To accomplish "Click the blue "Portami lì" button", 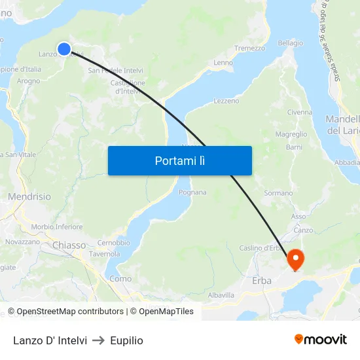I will pyautogui.click(x=179, y=160).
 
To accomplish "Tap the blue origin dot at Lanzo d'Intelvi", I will pyautogui.click(x=64, y=48).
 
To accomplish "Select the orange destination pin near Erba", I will pyautogui.click(x=295, y=259).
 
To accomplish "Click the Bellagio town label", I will pyautogui.click(x=290, y=43).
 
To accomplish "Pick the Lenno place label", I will pyautogui.click(x=223, y=63).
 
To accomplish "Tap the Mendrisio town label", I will pyautogui.click(x=29, y=196).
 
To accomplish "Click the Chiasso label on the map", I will pyautogui.click(x=69, y=245).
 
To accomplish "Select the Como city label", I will pyautogui.click(x=120, y=278).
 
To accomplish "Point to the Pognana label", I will pyautogui.click(x=192, y=192).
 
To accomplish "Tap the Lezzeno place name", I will pyautogui.click(x=226, y=101).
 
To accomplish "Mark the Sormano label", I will pyautogui.click(x=278, y=193).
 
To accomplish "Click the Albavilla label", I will pyautogui.click(x=221, y=295).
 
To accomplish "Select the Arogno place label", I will pyautogui.click(x=29, y=81).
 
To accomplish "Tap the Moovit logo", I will pyautogui.click(x=320, y=339).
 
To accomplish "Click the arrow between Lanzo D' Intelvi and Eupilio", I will pyautogui.click(x=98, y=340).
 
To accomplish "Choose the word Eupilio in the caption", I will pyautogui.click(x=126, y=340).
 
